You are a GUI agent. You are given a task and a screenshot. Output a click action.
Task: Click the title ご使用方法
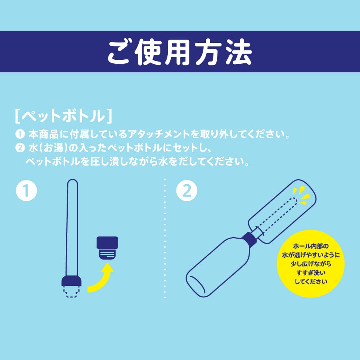tap(180, 53)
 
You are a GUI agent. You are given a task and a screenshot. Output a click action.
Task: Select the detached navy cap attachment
tap(107, 248)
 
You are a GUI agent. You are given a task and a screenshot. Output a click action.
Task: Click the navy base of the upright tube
tap(72, 280)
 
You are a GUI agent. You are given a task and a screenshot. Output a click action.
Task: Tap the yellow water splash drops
tap(301, 194)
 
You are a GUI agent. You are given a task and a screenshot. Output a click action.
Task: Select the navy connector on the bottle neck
tap(248, 239)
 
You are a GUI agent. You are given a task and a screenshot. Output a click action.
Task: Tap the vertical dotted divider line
tap(165, 238)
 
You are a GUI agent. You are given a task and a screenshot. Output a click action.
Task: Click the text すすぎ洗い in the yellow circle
tap(311, 273)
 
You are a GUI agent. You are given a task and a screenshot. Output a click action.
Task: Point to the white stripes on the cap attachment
tap(107, 255)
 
